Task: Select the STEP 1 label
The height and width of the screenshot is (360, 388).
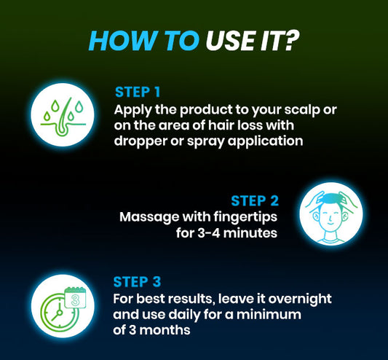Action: [x=139, y=93]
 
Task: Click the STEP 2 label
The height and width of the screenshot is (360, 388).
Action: [x=254, y=200]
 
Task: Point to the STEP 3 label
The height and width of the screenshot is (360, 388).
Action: [x=138, y=281]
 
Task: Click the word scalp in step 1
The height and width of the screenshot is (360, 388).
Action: [x=290, y=109]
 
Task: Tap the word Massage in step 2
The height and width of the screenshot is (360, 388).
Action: [x=145, y=216]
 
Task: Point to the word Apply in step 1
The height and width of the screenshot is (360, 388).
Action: [x=132, y=109]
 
